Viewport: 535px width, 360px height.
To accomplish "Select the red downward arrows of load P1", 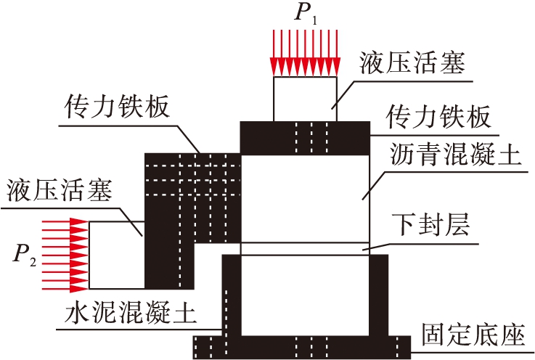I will coord(304,52).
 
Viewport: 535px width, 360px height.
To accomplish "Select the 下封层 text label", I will coord(431,222).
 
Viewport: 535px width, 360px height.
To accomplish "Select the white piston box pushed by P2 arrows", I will coord(116,254).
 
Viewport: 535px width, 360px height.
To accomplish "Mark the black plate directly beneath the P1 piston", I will coord(305,138).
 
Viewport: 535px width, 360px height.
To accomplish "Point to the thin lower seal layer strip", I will coord(305,248).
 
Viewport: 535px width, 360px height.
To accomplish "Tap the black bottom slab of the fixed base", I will coord(305,347).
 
